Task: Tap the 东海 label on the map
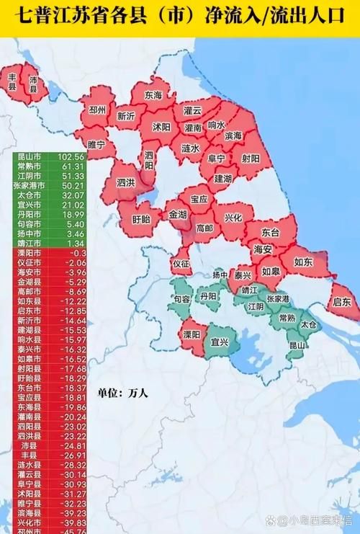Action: (x=153, y=94)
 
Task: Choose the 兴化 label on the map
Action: (x=233, y=217)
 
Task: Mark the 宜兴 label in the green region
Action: (x=217, y=342)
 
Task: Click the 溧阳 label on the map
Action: (x=191, y=335)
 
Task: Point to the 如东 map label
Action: (x=304, y=263)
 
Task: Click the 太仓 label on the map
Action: (x=308, y=325)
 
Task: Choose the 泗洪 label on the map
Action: (x=126, y=182)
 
